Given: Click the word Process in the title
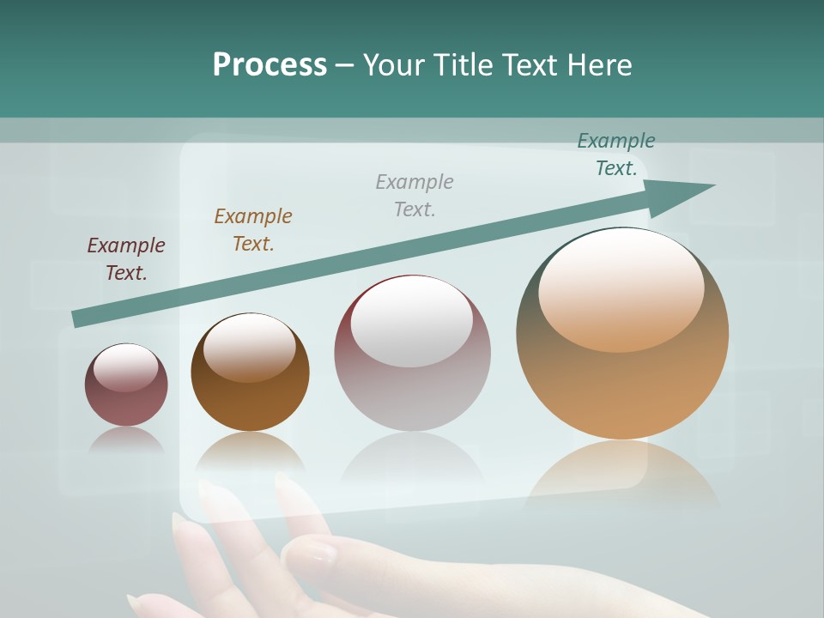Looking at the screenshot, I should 270,65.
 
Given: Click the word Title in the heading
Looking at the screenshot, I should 460,65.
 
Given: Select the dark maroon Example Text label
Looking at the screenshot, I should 126,259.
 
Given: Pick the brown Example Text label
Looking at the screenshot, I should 253,230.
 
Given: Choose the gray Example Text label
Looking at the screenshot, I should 415,196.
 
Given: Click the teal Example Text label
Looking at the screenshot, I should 616,154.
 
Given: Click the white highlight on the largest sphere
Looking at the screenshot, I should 621,288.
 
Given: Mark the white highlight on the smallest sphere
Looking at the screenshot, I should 125,367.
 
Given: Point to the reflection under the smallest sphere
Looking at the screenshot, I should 126,439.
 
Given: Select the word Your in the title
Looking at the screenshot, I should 391,65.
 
